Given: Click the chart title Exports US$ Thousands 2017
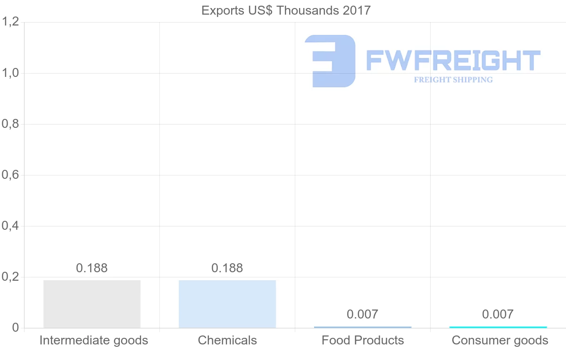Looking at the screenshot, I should [286, 10].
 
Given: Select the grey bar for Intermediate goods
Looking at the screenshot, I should [92, 304].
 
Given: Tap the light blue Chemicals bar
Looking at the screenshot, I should [227, 304].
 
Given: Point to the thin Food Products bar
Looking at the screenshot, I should [363, 327].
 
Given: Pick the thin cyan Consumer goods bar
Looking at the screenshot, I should [498, 327].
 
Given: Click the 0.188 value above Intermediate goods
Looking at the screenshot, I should [92, 268].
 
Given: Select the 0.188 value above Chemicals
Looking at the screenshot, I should [227, 268].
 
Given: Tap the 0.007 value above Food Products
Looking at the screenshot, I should [363, 314].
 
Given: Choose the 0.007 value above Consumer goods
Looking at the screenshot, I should [498, 314].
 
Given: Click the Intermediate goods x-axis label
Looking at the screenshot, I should [94, 340].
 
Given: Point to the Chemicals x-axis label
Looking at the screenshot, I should [227, 340].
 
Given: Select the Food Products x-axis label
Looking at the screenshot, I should [363, 340].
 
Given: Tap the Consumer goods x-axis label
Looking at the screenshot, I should [500, 340].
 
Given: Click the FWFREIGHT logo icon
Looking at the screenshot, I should [330, 61].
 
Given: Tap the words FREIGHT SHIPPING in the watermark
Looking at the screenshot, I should [453, 80].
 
